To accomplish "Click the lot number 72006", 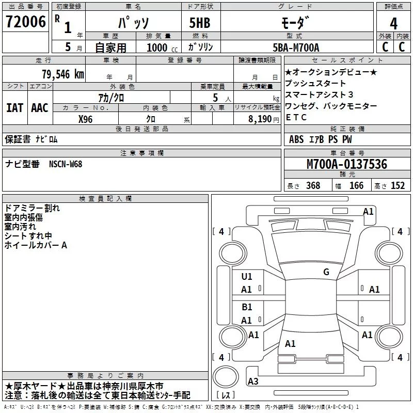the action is [25, 22].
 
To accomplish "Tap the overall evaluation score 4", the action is [393, 23].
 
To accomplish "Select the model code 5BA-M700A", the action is [296, 47].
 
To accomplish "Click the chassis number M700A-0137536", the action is [346, 164].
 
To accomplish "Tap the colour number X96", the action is [86, 118].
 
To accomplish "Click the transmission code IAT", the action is [14, 107].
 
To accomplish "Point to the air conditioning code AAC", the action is [39, 107].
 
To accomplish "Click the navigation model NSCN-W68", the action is [66, 164].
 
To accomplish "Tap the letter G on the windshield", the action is [326, 272].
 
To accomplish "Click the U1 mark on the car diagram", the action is [247, 277].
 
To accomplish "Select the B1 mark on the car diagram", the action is [247, 307].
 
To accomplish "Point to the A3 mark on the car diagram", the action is [253, 382].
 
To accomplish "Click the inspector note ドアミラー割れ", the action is [32, 208].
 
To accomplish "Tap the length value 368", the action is [313, 186].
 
